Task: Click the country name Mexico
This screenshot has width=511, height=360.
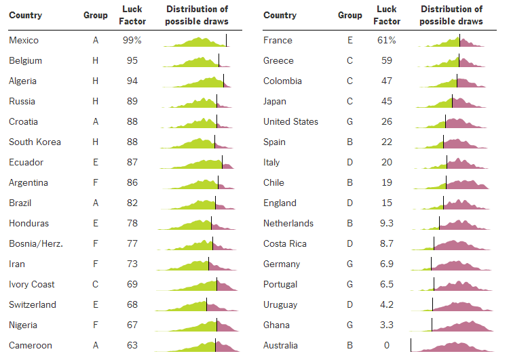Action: (x=23, y=40)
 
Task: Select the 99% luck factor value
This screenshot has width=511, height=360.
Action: (x=132, y=40)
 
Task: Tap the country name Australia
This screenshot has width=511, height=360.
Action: (x=280, y=345)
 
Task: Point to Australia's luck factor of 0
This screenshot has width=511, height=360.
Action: (x=386, y=345)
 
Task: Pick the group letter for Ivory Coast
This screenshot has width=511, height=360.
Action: (x=96, y=284)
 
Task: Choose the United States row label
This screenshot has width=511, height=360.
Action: (x=290, y=121)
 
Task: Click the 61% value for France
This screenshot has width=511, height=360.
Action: (x=386, y=40)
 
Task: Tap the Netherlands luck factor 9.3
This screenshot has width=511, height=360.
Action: (x=386, y=223)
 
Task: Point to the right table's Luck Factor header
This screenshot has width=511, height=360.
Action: (x=386, y=15)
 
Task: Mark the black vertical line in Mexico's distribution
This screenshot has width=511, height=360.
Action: (x=227, y=40)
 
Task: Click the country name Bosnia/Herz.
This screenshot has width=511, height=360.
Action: (x=36, y=243)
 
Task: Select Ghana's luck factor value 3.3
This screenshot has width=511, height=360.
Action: (x=386, y=325)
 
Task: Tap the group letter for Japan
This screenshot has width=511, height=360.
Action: (x=350, y=101)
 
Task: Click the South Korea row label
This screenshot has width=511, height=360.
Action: (x=35, y=142)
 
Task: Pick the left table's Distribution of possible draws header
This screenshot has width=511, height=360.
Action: (x=197, y=15)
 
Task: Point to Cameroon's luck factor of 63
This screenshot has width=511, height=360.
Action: (x=132, y=345)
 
